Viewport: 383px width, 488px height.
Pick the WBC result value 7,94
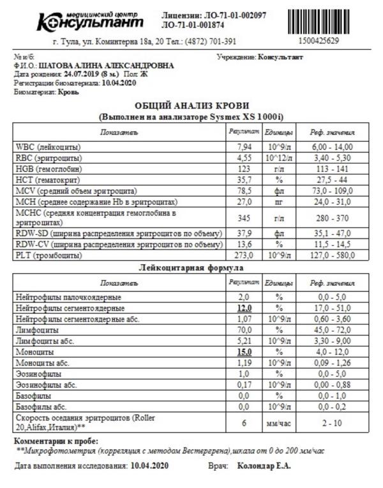click(243, 147)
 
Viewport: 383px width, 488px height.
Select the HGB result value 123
click(243, 168)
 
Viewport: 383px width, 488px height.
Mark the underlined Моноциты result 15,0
click(243, 351)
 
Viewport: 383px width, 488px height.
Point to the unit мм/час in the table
click(278, 422)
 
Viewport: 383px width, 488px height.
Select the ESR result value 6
click(243, 422)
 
